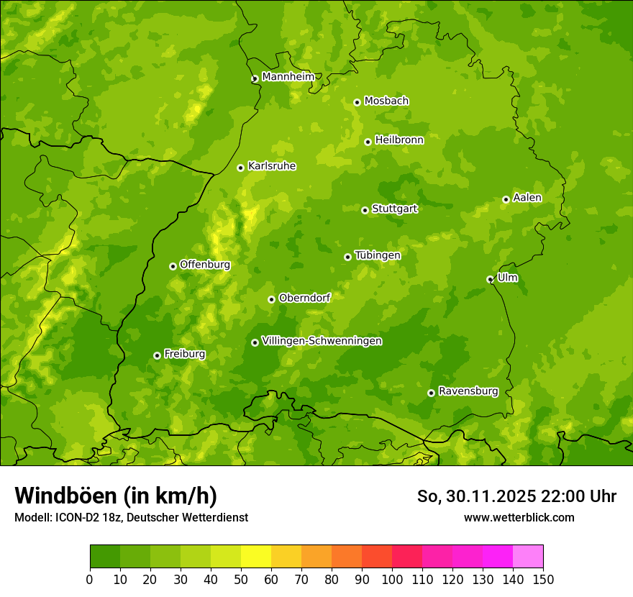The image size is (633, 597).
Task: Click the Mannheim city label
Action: [x=288, y=77]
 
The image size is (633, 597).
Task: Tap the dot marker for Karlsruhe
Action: [x=240, y=168]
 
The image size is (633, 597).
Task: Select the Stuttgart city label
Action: [x=394, y=209]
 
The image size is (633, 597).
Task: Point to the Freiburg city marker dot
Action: [x=157, y=355]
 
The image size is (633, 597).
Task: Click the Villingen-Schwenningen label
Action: [x=322, y=341]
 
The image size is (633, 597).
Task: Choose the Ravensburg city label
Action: [x=468, y=391]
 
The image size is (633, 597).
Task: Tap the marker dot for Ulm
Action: [x=490, y=279]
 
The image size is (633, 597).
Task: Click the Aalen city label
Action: [x=527, y=198]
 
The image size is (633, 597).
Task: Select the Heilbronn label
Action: [x=399, y=140]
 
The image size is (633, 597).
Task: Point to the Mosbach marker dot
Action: [x=357, y=102]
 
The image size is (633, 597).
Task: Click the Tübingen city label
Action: [x=378, y=255]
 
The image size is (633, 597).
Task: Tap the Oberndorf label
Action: [x=304, y=298]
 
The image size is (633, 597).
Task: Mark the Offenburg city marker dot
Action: [x=173, y=266]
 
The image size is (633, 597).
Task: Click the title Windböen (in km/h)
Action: [x=116, y=496]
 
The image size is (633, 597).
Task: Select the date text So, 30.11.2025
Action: [x=476, y=496]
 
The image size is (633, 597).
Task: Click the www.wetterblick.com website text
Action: [x=519, y=517]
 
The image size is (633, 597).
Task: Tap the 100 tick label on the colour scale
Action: [x=392, y=579]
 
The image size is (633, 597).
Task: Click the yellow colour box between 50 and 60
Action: [x=256, y=557]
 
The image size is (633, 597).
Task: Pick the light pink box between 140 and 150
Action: [x=528, y=557]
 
